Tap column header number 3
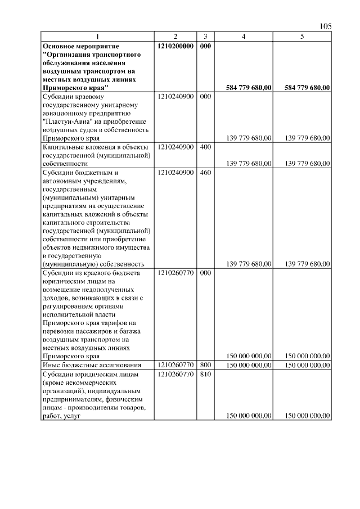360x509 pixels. (205, 37)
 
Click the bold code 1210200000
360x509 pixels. (175, 46)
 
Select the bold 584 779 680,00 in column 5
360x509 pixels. (307, 88)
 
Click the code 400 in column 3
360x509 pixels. (205, 147)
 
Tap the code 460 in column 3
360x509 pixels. (205, 172)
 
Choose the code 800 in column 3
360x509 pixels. (205, 364)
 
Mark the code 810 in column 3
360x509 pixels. (205, 374)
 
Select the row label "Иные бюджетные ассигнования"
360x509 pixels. (84, 364)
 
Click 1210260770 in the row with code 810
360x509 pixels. (176, 374)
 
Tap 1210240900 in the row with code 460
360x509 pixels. (176, 172)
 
